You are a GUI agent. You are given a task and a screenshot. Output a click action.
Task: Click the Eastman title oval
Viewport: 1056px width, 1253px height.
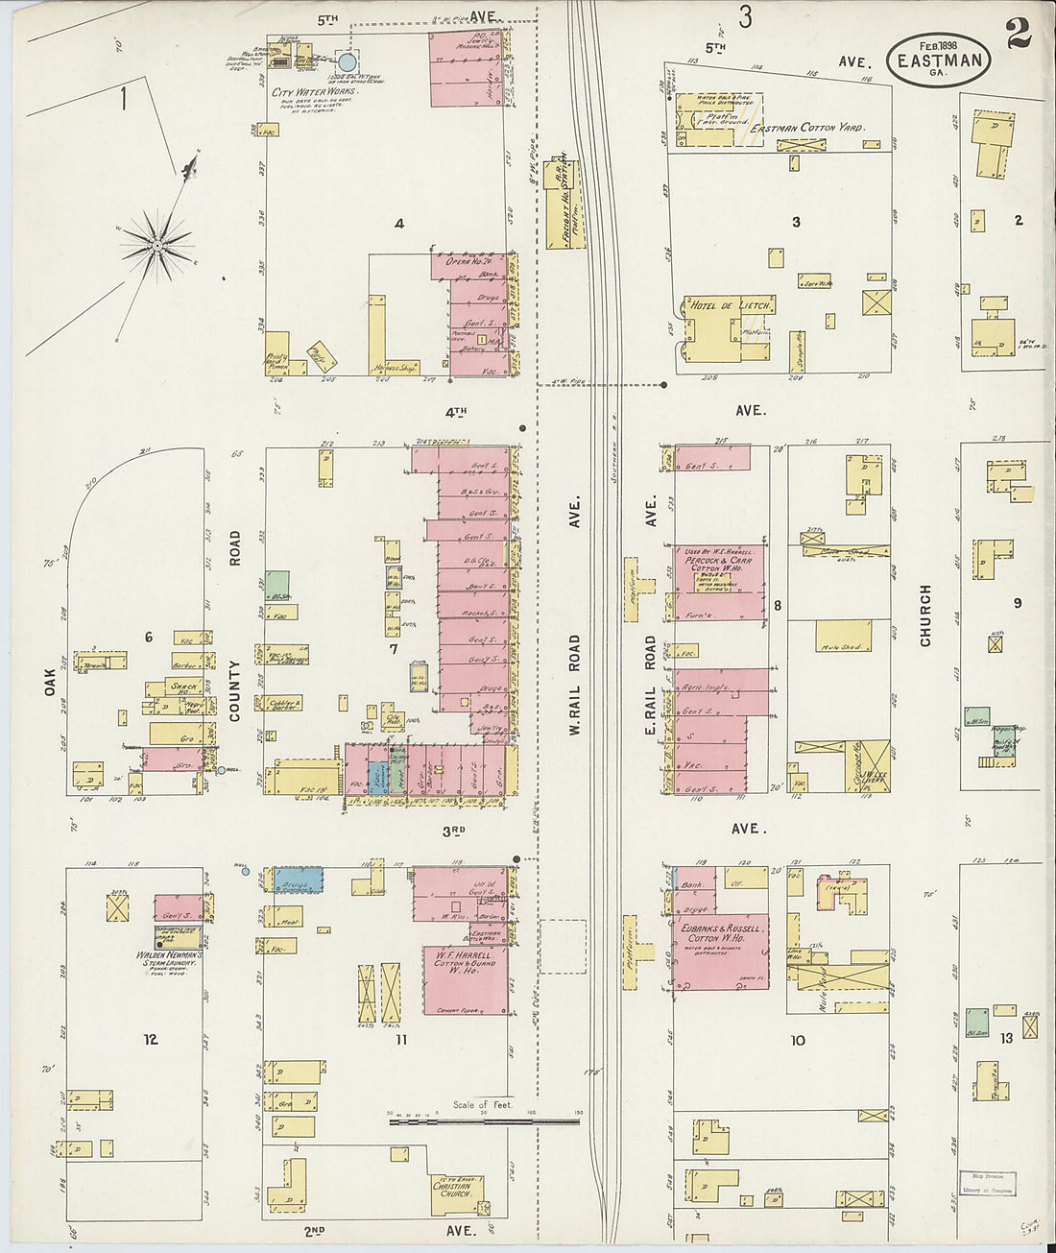pyautogui.click(x=938, y=60)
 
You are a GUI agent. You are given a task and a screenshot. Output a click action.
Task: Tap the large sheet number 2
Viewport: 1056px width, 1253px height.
pyautogui.click(x=1019, y=33)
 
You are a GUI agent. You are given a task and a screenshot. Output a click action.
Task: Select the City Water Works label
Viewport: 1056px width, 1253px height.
pyautogui.click(x=312, y=92)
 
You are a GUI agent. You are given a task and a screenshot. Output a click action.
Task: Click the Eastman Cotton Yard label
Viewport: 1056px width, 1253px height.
pyautogui.click(x=806, y=127)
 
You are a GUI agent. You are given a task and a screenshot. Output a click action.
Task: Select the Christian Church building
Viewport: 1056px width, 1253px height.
pyautogui.click(x=457, y=1193)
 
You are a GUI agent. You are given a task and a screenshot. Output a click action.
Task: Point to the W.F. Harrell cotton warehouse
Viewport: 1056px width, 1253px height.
pyautogui.click(x=466, y=979)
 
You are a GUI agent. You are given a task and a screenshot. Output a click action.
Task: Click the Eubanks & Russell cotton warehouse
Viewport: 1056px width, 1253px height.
pyautogui.click(x=720, y=952)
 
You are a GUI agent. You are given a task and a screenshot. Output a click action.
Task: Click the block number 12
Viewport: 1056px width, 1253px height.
pyautogui.click(x=151, y=1039)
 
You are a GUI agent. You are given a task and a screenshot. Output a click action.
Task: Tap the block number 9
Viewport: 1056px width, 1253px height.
pyautogui.click(x=1018, y=603)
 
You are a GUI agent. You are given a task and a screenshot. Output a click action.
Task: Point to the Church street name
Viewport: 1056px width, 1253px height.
pyautogui.click(x=925, y=614)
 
